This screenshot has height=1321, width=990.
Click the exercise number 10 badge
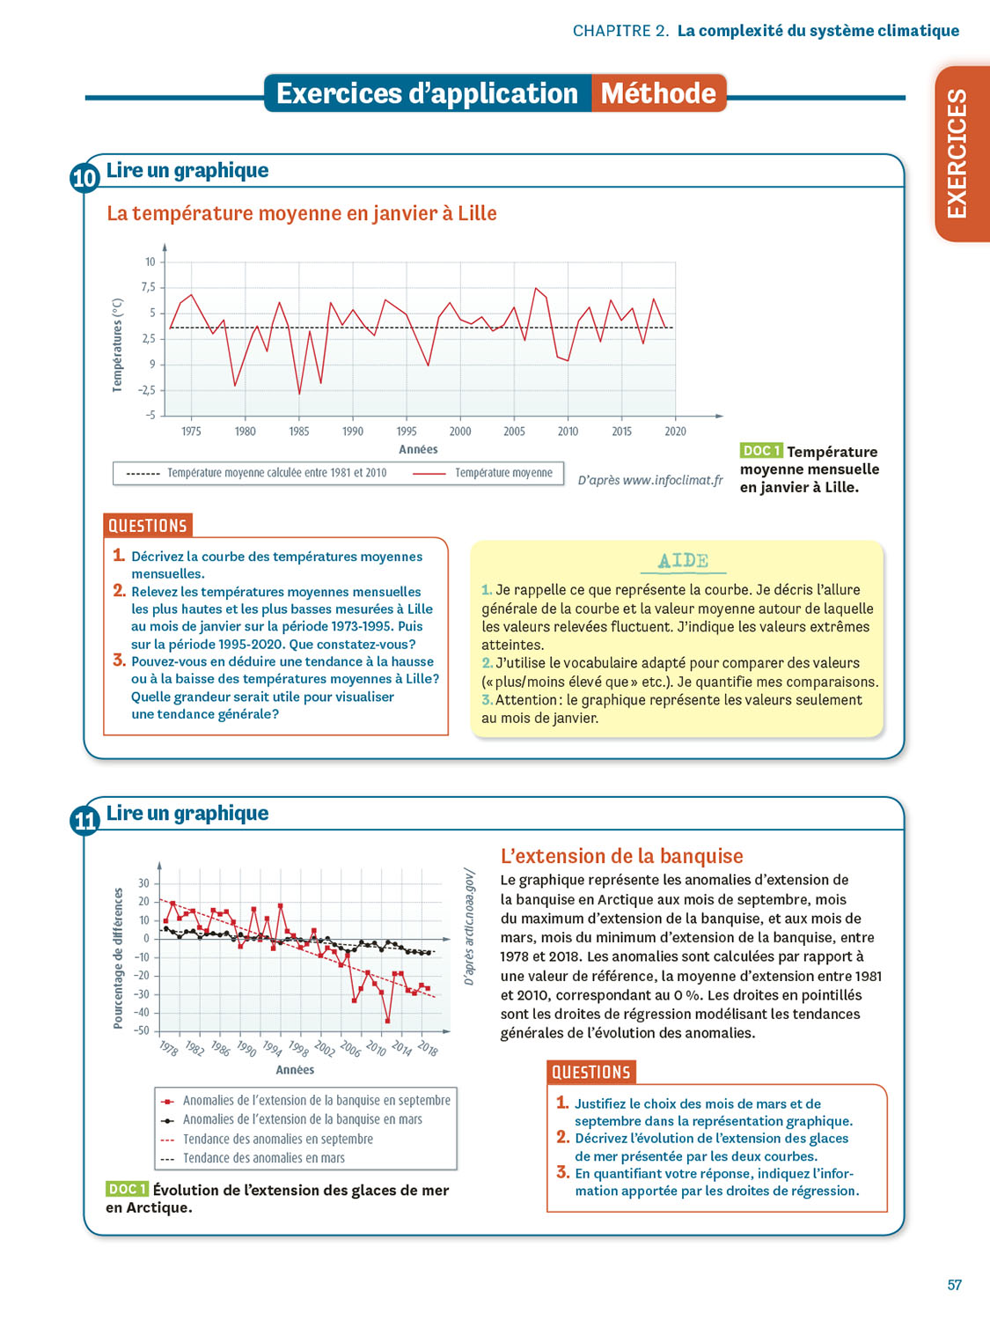pyautogui.click(x=84, y=178)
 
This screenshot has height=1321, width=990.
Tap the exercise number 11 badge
pyautogui.click(x=84, y=821)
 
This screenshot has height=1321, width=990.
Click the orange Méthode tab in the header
pyautogui.click(x=658, y=93)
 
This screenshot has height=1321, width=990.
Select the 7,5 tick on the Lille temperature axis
pyautogui.click(x=148, y=287)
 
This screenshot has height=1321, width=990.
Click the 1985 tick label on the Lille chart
pyautogui.click(x=299, y=432)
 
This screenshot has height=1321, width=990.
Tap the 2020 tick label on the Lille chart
pyautogui.click(x=675, y=432)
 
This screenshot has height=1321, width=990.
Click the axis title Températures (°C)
pyautogui.click(x=117, y=344)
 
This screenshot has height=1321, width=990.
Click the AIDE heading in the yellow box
pyautogui.click(x=683, y=561)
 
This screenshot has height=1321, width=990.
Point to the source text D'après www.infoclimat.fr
pyautogui.click(x=650, y=480)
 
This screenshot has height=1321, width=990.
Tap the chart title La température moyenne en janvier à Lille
pyautogui.click(x=301, y=213)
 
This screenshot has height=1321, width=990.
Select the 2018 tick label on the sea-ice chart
pyautogui.click(x=428, y=1048)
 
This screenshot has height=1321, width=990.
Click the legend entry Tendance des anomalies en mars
pyautogui.click(x=263, y=1158)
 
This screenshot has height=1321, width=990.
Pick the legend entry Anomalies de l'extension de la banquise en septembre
pyautogui.click(x=316, y=1100)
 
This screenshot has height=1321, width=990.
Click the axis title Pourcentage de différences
pyautogui.click(x=118, y=958)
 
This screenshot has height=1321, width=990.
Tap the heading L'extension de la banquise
pyautogui.click(x=621, y=856)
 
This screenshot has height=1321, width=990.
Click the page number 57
pyautogui.click(x=954, y=1285)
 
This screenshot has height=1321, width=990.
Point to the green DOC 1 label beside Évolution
pyautogui.click(x=127, y=1189)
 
